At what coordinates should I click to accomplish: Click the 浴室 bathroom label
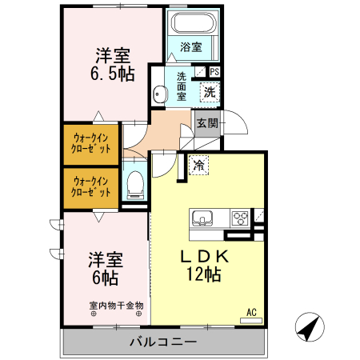(190, 47)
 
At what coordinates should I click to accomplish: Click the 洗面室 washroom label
(182, 86)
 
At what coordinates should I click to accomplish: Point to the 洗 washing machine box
(208, 91)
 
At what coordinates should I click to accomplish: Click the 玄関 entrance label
(206, 123)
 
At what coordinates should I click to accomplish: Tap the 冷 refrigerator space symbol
(197, 166)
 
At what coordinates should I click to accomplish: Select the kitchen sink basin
(202, 217)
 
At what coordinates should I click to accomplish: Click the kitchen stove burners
(240, 217)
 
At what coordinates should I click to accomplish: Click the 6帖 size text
(104, 278)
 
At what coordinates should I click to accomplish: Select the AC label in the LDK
(250, 311)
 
